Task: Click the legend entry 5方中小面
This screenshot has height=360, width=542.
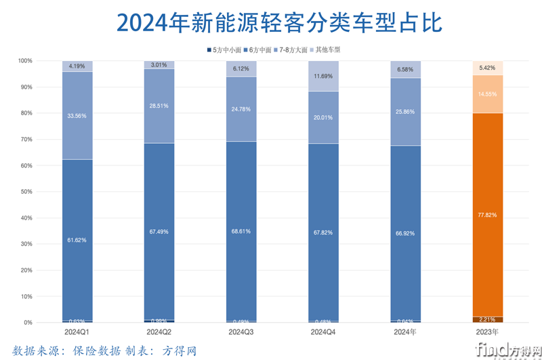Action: [226, 49]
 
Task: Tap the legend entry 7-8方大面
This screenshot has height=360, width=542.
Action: [293, 49]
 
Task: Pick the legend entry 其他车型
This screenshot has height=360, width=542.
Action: [327, 49]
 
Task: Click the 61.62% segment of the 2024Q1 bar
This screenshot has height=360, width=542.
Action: [77, 240]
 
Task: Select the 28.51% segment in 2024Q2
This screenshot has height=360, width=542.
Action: [159, 106]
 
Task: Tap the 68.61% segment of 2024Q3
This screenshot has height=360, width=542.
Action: [241, 231]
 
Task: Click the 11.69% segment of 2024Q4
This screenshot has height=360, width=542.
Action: [323, 76]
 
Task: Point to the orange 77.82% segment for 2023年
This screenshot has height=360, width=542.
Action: [487, 215]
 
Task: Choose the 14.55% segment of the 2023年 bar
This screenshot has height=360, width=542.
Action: [487, 94]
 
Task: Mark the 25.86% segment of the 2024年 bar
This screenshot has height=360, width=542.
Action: [405, 111]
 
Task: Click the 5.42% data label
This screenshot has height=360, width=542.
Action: [487, 68]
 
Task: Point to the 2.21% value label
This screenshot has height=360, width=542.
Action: [487, 319]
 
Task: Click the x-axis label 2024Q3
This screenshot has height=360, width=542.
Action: [241, 332]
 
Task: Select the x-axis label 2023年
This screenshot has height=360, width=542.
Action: [487, 332]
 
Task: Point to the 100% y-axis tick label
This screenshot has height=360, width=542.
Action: [24, 61]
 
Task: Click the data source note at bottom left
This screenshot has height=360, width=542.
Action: [104, 351]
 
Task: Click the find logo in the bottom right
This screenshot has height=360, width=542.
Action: [507, 349]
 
